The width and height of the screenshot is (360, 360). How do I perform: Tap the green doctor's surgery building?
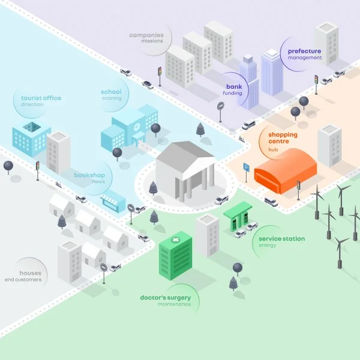pyautogui.click(x=176, y=256)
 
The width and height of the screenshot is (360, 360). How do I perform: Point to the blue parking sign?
pyautogui.click(x=246, y=168)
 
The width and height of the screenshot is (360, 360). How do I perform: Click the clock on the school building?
pyautogui.click(x=137, y=127)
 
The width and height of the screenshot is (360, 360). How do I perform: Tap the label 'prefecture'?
pyautogui.click(x=304, y=51)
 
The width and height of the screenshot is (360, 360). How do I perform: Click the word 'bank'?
pyautogui.click(x=233, y=86)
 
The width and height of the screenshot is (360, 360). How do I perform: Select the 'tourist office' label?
pyautogui.click(x=41, y=98)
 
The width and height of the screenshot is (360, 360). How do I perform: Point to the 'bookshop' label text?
pyautogui.click(x=89, y=175)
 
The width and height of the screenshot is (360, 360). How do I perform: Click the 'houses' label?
pyautogui.click(x=31, y=273)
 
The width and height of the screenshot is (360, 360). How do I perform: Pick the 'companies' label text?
pyautogui.click(x=146, y=35)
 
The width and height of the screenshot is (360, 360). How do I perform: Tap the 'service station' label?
pyautogui.click(x=281, y=239)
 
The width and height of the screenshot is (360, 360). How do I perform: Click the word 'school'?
pyautogui.click(x=111, y=92)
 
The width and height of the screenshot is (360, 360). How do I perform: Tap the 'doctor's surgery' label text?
pyautogui.click(x=165, y=298)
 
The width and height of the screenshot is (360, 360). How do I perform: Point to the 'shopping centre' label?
pyautogui.click(x=283, y=139)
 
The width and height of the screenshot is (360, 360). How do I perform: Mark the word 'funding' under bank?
pyautogui.click(x=232, y=93)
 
